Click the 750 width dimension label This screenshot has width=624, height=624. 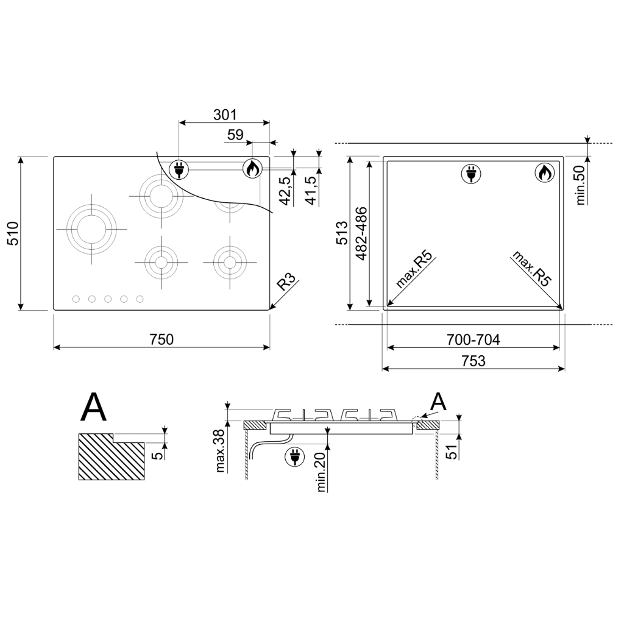coord(161,339)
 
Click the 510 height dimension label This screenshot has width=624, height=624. coord(13,233)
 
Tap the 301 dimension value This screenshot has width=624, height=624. coord(225,115)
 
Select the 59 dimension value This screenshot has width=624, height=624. coord(235,135)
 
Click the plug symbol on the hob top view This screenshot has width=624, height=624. coord(179,169)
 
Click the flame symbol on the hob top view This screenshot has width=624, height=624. coord(252,169)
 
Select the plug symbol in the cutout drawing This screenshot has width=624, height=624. coord(471,174)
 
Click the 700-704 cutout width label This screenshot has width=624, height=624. coord(473,339)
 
